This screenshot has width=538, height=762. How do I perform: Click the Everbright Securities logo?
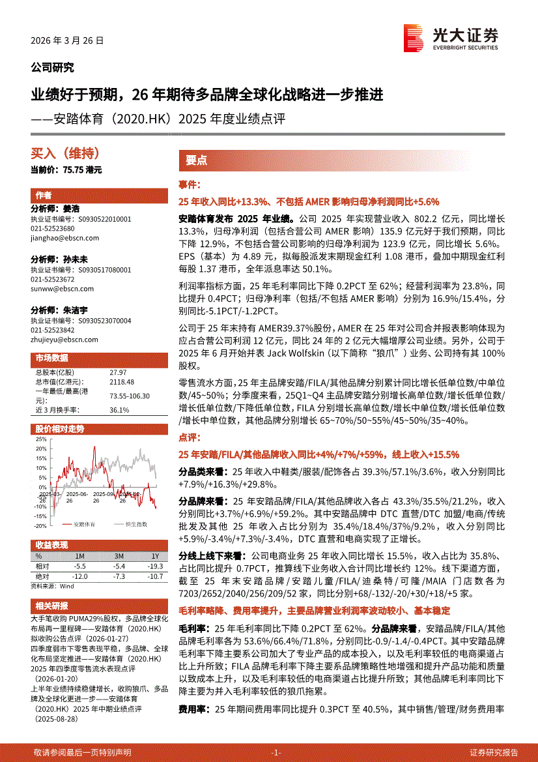[x=450, y=38]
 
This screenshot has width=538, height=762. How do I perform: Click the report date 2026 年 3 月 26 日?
[x=67, y=40]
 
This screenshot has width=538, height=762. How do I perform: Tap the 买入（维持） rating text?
[x=65, y=154]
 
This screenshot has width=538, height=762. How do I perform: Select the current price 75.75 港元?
[x=66, y=169]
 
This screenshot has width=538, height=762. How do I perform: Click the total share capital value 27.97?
[x=119, y=372]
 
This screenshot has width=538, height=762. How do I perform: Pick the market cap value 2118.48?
[x=122, y=381]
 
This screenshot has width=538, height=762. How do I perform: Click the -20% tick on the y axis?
[x=40, y=525]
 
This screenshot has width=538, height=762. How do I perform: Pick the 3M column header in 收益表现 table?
[x=119, y=556]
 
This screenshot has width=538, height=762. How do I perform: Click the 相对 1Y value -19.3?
[x=155, y=567]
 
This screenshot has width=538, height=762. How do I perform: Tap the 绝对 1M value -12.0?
[x=80, y=577]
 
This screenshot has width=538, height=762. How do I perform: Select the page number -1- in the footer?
[x=276, y=752]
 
